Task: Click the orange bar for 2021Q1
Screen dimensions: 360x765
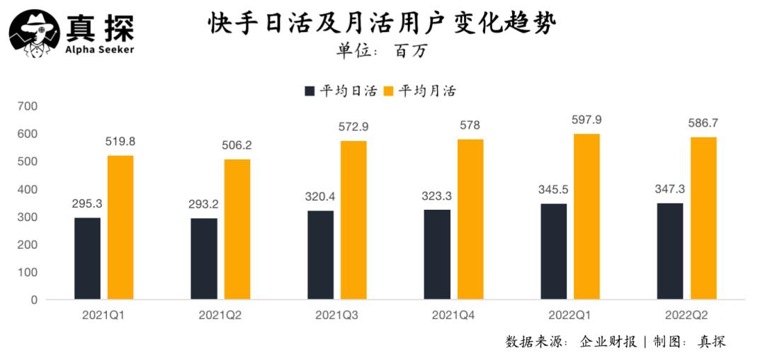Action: pyautogui.click(x=120, y=227)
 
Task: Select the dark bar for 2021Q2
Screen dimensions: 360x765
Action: pyautogui.click(x=204, y=259)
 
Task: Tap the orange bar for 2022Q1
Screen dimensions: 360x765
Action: pyautogui.click(x=586, y=216)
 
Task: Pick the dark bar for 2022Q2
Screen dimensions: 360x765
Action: pyautogui.click(x=670, y=251)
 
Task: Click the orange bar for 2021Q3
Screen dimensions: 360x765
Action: pyautogui.click(x=353, y=220)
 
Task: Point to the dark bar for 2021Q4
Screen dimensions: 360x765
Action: pyautogui.click(x=437, y=254)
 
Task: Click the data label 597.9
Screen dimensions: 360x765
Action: pyautogui.click(x=586, y=120)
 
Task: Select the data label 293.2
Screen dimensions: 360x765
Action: pyautogui.click(x=204, y=204)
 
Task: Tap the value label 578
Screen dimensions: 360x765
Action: pyautogui.click(x=470, y=125)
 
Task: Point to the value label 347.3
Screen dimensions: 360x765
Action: pyautogui.click(x=670, y=189)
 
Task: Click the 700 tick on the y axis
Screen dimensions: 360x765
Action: pyautogui.click(x=28, y=106)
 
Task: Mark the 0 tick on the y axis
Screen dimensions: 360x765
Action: pyautogui.click(x=33, y=300)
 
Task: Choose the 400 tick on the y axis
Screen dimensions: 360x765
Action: pyautogui.click(x=28, y=189)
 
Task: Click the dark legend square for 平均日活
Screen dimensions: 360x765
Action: pyautogui.click(x=310, y=91)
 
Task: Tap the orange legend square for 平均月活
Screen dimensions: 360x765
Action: pyautogui.click(x=388, y=91)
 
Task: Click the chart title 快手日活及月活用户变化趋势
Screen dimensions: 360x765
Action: pyautogui.click(x=382, y=24)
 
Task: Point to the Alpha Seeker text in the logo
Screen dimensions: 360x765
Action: pyautogui.click(x=99, y=50)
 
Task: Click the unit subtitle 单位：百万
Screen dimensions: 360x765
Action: pyautogui.click(x=382, y=51)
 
